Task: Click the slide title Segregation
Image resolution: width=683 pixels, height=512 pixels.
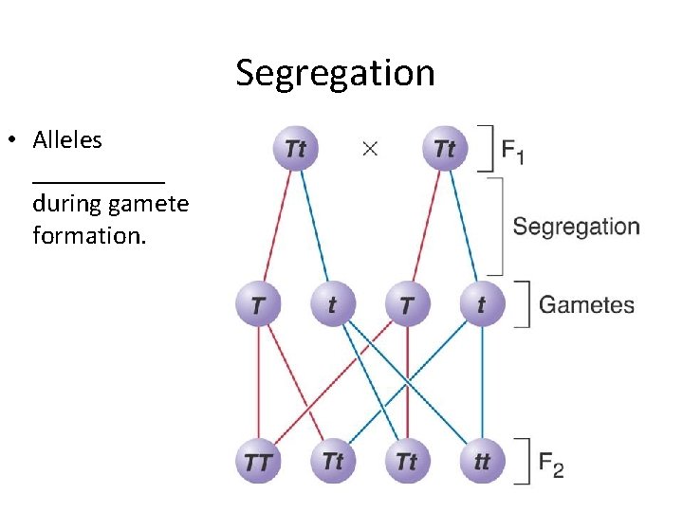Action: point(335,73)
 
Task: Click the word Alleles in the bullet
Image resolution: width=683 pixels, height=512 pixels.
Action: point(67,140)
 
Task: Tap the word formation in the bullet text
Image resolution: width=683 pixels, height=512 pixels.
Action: point(88,235)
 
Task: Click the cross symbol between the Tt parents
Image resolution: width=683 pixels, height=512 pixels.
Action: point(370,149)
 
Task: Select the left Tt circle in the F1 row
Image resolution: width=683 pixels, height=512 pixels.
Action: point(295,150)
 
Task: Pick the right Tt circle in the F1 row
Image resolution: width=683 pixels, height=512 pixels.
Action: point(445,150)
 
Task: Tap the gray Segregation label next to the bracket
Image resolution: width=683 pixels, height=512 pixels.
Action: point(576,227)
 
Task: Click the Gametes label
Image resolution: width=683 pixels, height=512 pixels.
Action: point(586,305)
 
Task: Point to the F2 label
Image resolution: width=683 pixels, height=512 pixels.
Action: point(550,465)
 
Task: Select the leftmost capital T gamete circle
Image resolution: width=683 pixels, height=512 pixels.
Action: point(257,305)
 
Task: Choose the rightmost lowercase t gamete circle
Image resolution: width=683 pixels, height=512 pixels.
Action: point(481,305)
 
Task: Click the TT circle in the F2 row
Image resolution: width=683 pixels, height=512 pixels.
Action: point(257,462)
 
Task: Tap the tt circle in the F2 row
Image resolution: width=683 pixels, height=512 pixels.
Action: point(481,462)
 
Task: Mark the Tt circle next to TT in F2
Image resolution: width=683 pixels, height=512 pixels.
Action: point(332,462)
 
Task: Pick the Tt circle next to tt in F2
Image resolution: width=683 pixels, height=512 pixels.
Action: point(407,462)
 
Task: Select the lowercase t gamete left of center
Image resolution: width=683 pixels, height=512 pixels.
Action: point(332,305)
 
